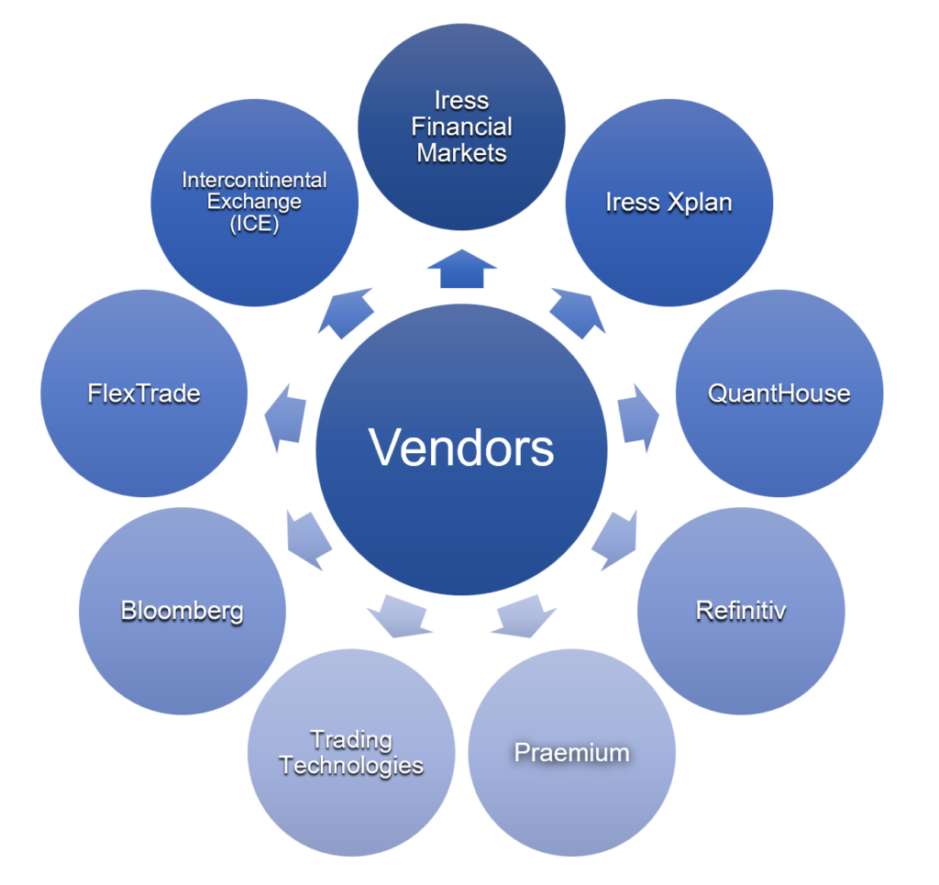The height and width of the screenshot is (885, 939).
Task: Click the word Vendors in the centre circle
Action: point(461,448)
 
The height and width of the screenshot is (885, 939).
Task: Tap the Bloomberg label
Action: point(182,611)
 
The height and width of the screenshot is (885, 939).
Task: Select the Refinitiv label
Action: point(741,611)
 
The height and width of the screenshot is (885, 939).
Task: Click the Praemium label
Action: point(571,754)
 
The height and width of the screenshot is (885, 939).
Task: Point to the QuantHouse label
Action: point(779,394)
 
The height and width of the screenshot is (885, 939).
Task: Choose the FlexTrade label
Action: point(144,394)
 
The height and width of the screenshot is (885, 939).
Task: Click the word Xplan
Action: point(700,203)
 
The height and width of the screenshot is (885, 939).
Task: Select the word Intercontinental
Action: point(254,180)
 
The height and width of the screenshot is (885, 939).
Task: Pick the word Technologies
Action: point(351,766)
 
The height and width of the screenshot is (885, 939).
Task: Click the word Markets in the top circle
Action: point(461,152)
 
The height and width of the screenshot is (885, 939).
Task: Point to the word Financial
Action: point(461,127)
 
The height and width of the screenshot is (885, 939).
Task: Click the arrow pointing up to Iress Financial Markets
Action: point(461,270)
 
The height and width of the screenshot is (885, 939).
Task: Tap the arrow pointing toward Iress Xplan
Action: point(579,309)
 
